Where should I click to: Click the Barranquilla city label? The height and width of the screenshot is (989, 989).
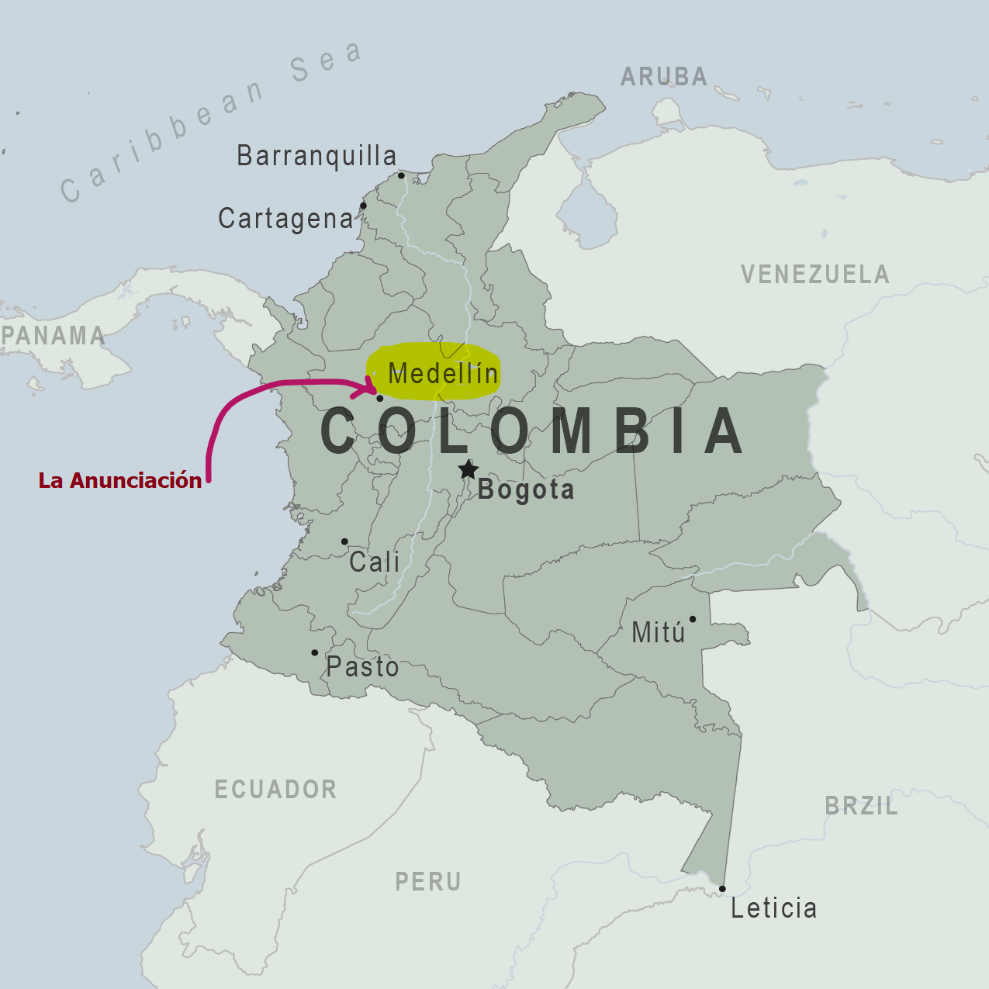tap(316, 156)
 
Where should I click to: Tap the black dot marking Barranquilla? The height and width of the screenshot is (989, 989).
tap(401, 175)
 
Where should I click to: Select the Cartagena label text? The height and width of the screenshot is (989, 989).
tap(285, 219)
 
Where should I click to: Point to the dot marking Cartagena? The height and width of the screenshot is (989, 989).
tap(363, 206)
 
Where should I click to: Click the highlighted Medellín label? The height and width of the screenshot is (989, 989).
tap(443, 373)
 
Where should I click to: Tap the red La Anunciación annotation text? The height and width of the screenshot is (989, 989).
tap(120, 481)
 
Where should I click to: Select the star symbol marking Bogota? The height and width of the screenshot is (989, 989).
tap(468, 469)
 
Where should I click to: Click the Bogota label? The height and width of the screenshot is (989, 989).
tap(526, 489)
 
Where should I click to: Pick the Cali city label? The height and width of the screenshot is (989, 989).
tap(374, 562)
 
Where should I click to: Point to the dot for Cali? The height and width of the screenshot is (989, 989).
tap(344, 541)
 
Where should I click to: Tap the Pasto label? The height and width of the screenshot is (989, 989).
tap(362, 666)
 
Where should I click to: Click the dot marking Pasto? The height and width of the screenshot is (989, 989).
tap(314, 652)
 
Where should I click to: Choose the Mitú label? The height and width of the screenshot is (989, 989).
tap(659, 632)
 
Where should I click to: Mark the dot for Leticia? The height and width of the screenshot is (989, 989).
tap(722, 889)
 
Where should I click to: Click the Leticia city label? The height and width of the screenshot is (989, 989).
tap(773, 908)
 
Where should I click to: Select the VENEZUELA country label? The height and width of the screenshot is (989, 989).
tap(814, 275)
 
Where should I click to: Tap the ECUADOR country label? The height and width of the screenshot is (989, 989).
tap(275, 790)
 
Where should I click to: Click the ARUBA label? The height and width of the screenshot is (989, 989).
tap(664, 77)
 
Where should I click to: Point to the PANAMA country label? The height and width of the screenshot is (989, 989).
tap(53, 336)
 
